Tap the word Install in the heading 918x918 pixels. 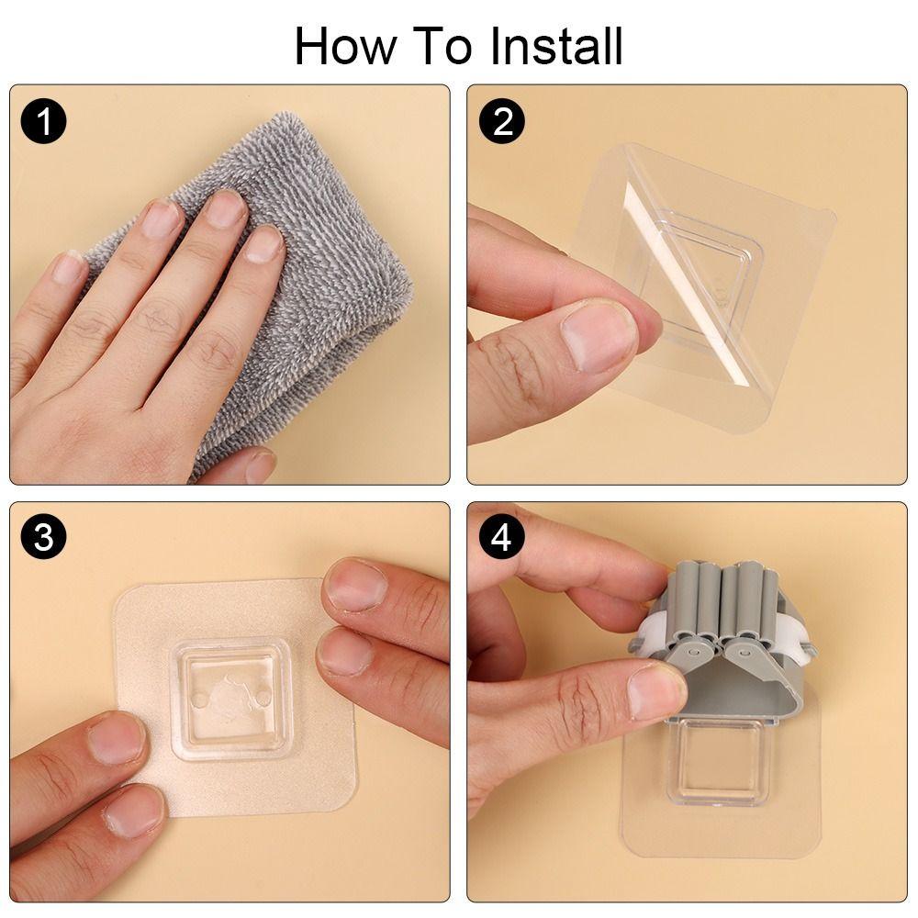point(556,46)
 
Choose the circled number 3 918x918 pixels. point(44,538)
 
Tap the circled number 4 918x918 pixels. point(501,538)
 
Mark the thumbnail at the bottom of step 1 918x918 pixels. point(261,465)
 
